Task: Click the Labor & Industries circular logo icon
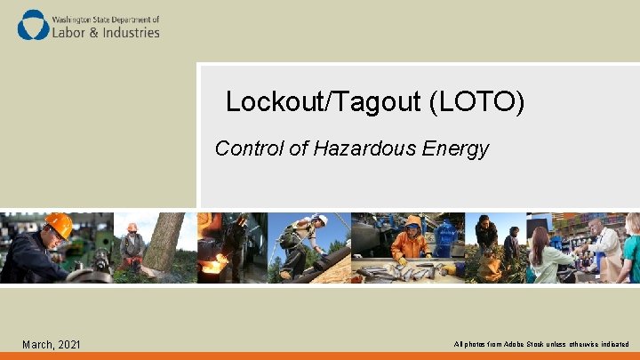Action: click(34, 25)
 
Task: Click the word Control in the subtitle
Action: click(249, 148)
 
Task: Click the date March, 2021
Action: click(51, 344)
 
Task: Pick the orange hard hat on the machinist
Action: click(59, 225)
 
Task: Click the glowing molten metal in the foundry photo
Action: click(214, 264)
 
